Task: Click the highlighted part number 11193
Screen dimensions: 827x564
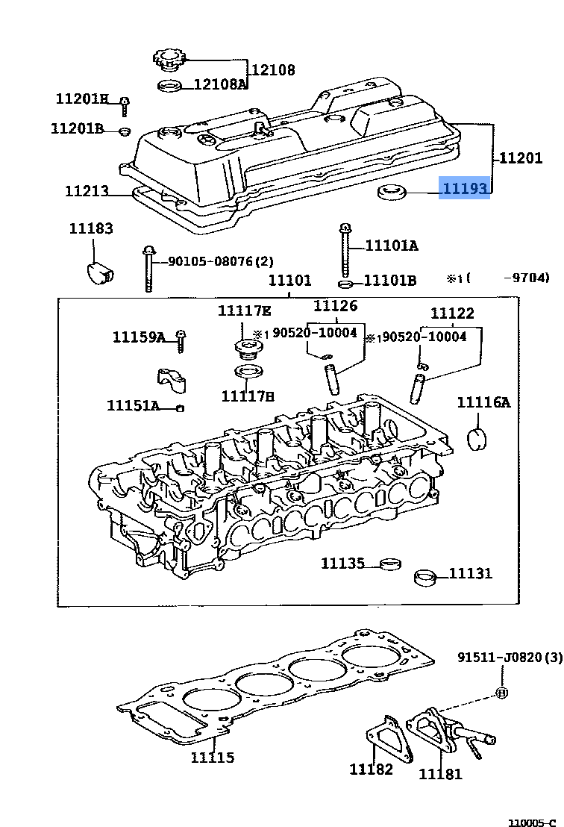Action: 466,189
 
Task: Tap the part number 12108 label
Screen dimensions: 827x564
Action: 272,70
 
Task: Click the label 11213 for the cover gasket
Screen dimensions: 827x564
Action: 87,191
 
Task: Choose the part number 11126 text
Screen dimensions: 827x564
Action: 335,305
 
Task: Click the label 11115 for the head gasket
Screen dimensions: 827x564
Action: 212,758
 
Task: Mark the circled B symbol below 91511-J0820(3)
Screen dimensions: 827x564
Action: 501,693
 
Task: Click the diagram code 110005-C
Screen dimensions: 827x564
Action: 532,822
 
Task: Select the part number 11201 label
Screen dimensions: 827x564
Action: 521,157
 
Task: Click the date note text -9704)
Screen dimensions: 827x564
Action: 527,278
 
